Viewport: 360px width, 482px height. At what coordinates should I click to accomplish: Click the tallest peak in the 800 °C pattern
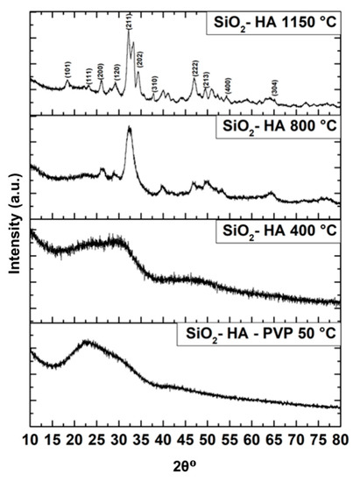coord(130,129)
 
